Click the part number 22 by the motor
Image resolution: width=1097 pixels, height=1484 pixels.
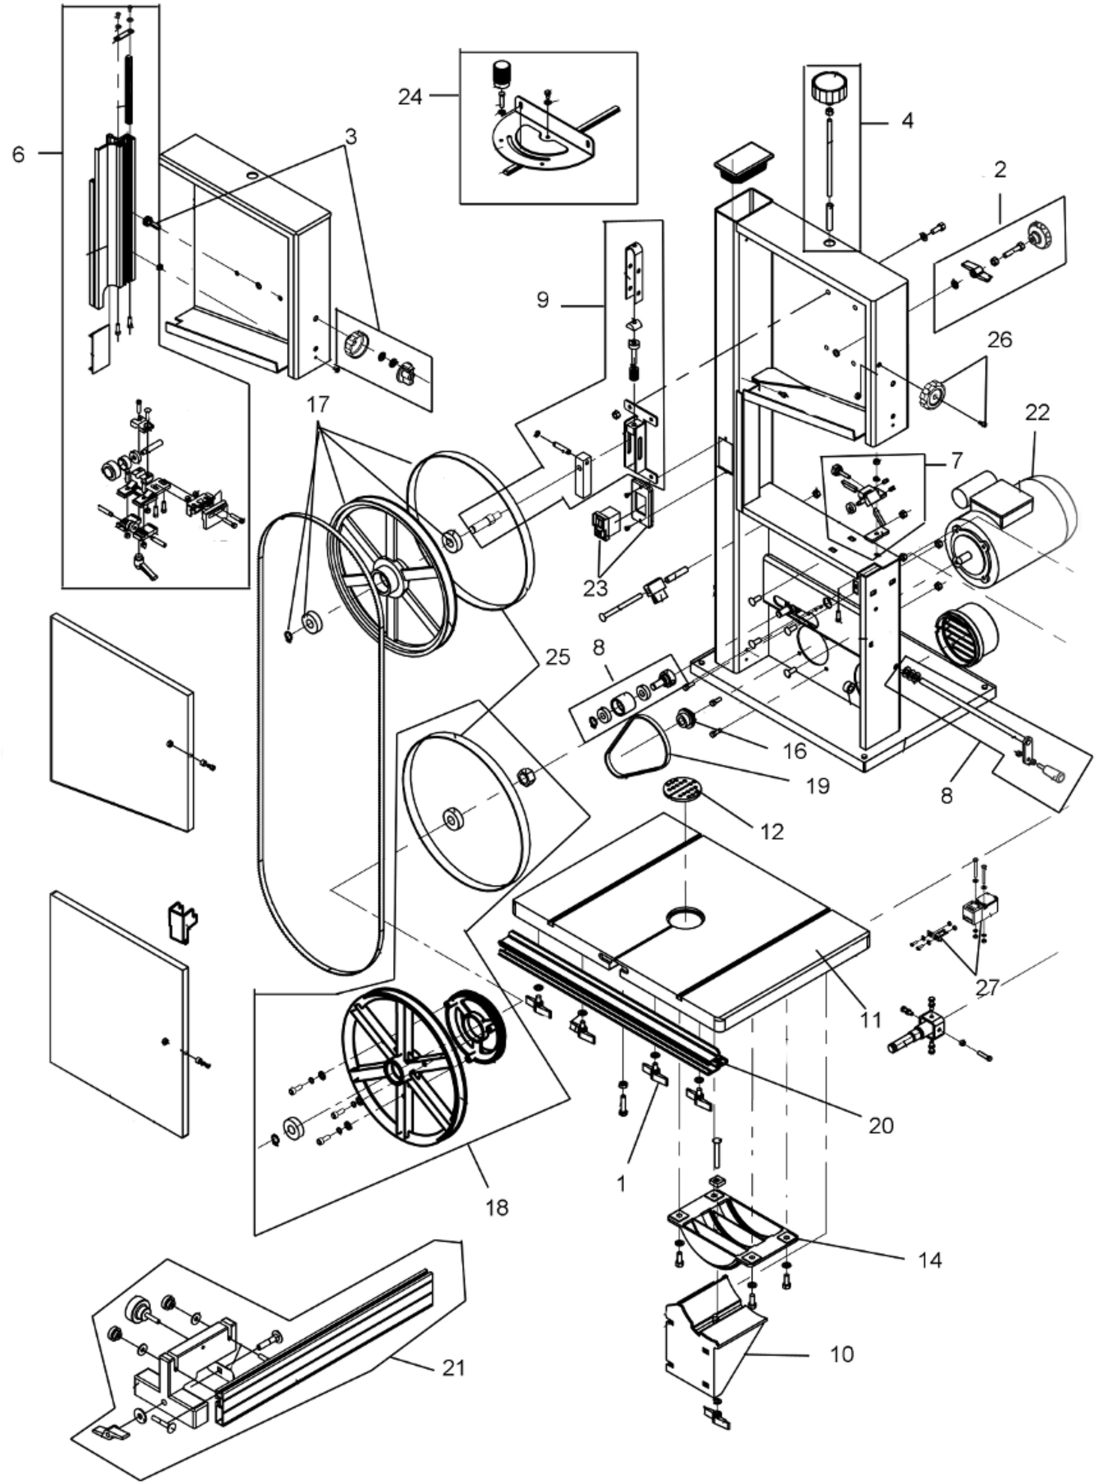tap(1037, 413)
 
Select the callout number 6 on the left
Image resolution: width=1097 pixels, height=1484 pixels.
tap(19, 155)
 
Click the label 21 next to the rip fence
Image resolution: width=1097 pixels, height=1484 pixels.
tap(453, 1368)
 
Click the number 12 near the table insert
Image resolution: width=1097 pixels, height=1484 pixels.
tap(772, 831)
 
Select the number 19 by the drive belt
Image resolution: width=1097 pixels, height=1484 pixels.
tap(818, 786)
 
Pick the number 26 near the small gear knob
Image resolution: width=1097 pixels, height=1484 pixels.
tap(999, 340)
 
